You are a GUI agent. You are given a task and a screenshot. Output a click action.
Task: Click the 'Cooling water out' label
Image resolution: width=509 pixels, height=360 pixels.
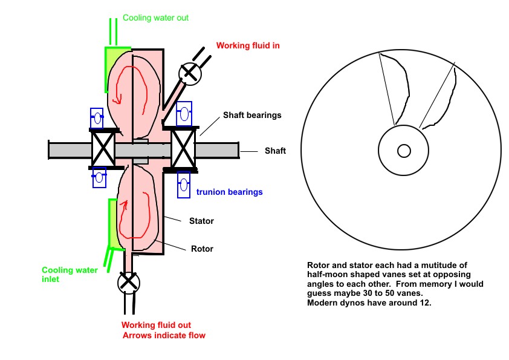pos(155,18)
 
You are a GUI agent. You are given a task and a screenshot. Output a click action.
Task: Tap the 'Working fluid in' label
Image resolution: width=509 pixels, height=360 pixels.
pos(248,45)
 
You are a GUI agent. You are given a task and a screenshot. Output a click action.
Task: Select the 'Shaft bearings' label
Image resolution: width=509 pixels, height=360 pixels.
pos(252,116)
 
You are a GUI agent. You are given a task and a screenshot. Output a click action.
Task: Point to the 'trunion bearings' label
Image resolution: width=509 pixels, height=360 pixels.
pos(230,192)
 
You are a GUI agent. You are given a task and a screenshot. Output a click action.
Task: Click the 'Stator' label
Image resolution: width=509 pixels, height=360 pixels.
pos(201,221)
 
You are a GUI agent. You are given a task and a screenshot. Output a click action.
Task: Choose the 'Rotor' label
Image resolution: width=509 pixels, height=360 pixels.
pos(203,249)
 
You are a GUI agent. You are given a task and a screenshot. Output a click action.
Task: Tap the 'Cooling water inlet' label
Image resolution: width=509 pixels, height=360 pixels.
pos(70,275)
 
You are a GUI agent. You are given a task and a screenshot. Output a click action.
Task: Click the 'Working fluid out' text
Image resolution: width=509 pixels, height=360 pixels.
pos(156,325)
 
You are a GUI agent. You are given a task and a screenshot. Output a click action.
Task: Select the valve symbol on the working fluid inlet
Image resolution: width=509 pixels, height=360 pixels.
pos(190,73)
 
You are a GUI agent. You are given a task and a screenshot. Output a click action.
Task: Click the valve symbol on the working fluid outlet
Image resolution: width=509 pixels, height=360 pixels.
pos(129,283)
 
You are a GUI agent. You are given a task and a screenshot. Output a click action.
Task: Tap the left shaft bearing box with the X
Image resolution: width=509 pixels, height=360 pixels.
pos(103,149)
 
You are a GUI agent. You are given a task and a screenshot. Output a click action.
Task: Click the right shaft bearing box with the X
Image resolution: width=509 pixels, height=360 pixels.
pos(183,148)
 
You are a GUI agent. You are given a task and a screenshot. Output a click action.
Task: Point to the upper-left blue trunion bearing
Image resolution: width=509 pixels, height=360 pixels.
pos(97,118)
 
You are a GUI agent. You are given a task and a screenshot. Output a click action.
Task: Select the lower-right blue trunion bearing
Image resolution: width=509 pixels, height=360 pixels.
pos(184,185)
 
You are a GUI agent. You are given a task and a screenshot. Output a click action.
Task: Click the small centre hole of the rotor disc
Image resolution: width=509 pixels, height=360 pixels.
pos(404,151)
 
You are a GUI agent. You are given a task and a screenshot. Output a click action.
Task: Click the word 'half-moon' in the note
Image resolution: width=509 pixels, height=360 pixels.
pos(327,275)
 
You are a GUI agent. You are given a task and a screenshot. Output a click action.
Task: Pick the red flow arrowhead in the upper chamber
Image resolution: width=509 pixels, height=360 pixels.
pos(117,99)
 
